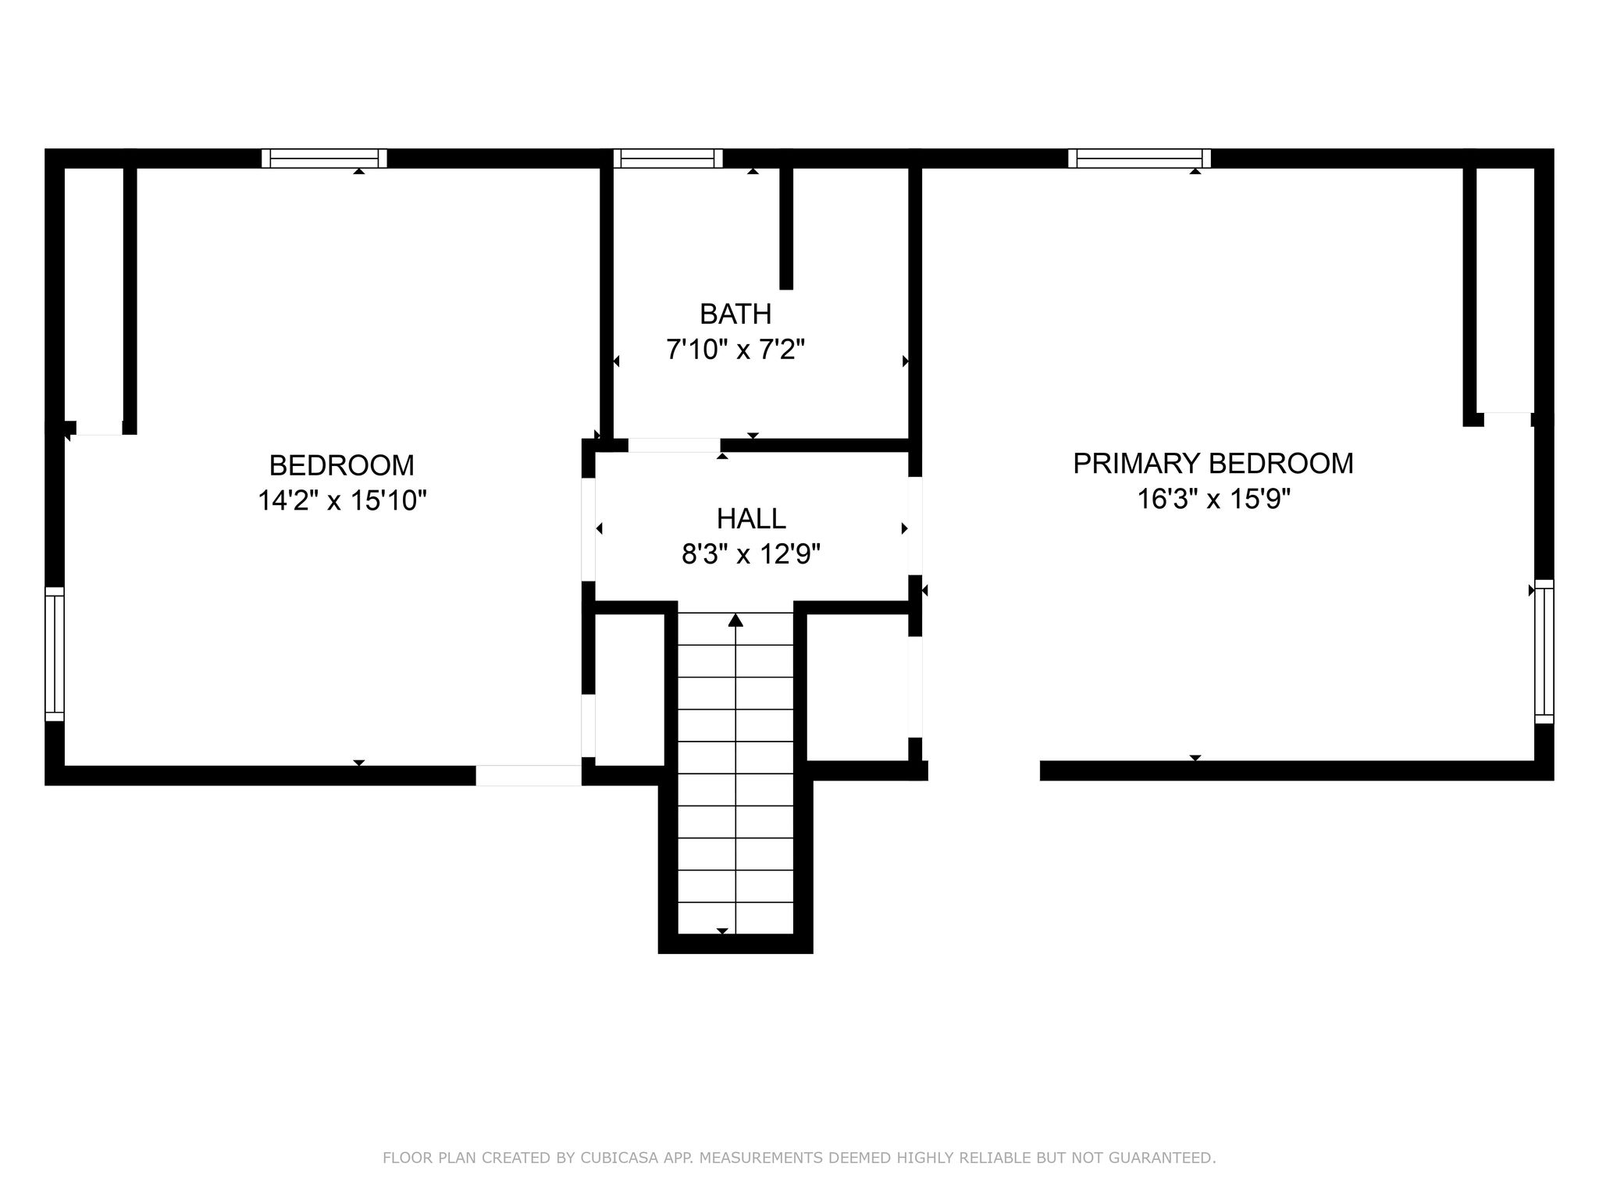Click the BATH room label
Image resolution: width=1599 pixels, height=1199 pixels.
tap(735, 314)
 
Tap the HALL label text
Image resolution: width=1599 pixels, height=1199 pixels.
tap(751, 518)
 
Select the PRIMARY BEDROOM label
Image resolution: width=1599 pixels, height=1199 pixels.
tap(1213, 463)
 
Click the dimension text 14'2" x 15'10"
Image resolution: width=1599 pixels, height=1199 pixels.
tap(342, 500)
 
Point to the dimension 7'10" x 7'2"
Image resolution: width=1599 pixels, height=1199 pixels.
tap(735, 349)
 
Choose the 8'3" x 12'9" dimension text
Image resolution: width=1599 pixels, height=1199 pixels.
tap(751, 554)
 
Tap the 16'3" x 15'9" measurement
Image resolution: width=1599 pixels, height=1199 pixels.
tap(1213, 498)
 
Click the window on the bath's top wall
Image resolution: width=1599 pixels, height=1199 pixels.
tap(668, 158)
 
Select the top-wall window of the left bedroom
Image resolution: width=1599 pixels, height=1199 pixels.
tap(324, 158)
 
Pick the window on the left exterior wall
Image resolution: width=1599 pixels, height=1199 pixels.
tap(55, 654)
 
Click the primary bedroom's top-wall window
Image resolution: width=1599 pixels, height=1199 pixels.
tap(1140, 158)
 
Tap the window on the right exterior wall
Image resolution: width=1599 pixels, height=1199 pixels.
tap(1544, 652)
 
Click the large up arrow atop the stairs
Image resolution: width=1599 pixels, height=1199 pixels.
tap(735, 621)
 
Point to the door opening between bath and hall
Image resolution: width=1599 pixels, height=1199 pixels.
tap(674, 446)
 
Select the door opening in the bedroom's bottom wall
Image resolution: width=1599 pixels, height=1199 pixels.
tap(529, 775)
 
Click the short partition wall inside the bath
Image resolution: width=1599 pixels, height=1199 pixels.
tap(786, 229)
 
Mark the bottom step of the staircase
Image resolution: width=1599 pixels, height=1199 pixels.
tap(735, 918)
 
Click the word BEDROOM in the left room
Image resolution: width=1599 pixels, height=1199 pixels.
tap(342, 465)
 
